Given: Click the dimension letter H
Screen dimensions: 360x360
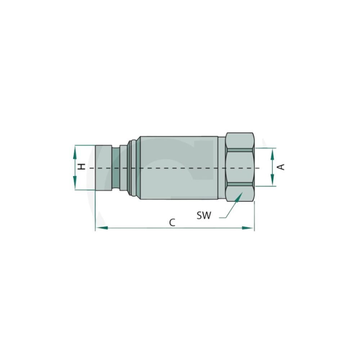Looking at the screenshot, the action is point(82,167).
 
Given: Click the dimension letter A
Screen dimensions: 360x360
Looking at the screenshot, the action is point(281,167).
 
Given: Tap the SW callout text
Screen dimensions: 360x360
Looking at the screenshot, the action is point(204,216).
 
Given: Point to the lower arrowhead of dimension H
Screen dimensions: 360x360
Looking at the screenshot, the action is point(75,182).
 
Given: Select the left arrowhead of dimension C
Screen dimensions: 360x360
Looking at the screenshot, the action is point(102,228).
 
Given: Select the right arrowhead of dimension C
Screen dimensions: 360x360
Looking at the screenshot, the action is point(248,228).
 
